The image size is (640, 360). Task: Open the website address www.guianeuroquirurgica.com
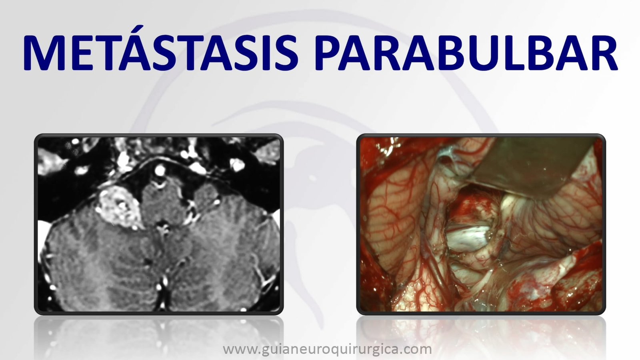click(327, 349)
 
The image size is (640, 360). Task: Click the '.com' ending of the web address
click(415, 350)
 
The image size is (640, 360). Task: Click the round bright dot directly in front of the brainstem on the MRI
click(160, 170)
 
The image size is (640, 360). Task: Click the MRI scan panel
click(159, 224)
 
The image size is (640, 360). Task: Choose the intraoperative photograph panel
click(481, 224)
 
